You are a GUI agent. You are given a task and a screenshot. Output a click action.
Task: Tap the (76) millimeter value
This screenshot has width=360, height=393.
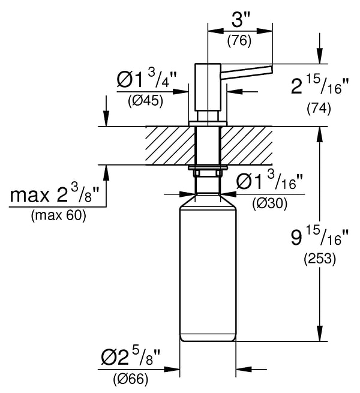[x=239, y=40]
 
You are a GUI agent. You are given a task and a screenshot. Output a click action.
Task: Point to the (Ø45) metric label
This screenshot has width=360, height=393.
[x=146, y=101]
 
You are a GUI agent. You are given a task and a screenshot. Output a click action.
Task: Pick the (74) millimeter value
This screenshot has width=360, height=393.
[x=319, y=108]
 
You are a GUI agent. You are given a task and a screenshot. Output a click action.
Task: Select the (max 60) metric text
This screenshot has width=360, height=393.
[x=58, y=215]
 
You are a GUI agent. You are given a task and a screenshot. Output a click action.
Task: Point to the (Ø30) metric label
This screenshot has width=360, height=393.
[x=270, y=203]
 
